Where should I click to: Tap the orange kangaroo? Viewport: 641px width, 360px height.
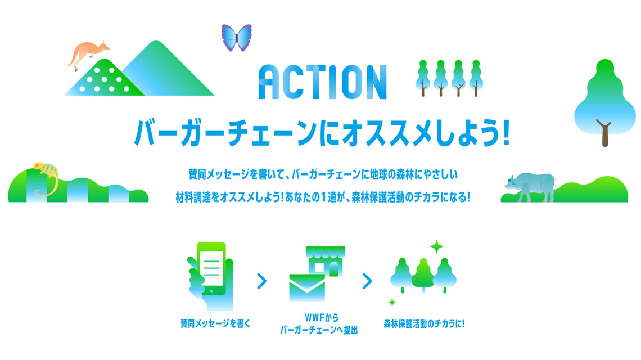88,53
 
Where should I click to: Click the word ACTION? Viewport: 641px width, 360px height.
323,82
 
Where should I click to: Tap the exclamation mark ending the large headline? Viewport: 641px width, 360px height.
506,132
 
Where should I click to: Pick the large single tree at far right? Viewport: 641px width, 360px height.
604,102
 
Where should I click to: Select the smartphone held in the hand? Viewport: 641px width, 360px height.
211,268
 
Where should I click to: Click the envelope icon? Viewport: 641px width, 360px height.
307,287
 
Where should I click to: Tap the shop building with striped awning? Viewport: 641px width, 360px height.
326,261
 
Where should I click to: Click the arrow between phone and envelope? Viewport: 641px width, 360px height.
262,281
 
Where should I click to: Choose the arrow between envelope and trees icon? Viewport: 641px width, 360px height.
368,281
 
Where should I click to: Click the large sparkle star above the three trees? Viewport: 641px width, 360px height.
436,246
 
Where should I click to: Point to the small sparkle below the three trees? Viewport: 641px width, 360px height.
392,302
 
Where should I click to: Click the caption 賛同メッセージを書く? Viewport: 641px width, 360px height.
215,323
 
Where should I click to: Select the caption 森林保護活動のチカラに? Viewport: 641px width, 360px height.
424,324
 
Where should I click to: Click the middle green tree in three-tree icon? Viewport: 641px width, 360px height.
423,274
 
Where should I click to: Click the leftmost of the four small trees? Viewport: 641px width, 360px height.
423,78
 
